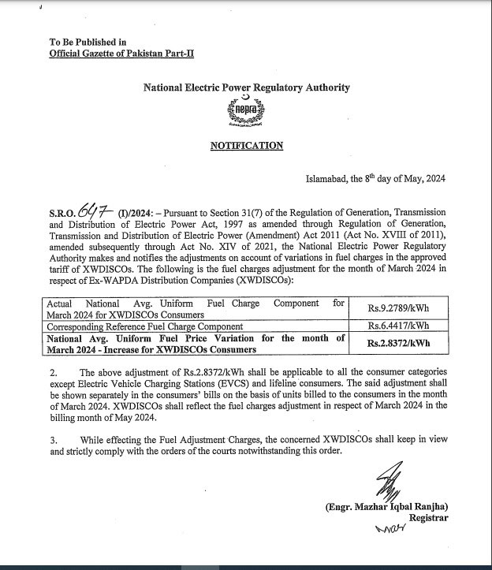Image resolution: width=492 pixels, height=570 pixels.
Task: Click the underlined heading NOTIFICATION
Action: click(246, 146)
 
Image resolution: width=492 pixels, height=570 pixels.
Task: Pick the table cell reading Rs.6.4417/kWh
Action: click(398, 326)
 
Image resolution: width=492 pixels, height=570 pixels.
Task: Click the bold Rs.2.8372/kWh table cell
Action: click(398, 343)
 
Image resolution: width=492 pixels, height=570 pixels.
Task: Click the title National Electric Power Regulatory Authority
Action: click(246, 88)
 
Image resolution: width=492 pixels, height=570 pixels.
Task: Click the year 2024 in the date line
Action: click(434, 179)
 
